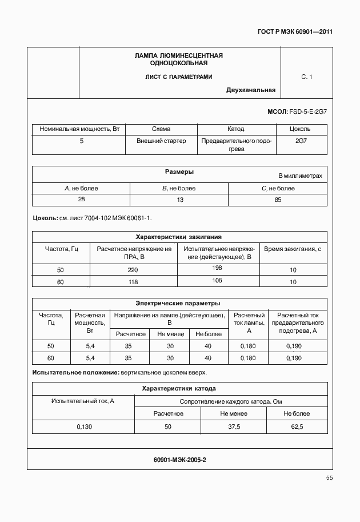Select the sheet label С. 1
[x=306, y=77]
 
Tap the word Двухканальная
[x=251, y=90]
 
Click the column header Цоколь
[x=301, y=129]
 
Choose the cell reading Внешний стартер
[x=161, y=141]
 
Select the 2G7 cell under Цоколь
[x=301, y=141]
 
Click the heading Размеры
[x=179, y=172]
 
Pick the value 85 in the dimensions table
[x=278, y=200]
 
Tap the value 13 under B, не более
[x=179, y=200]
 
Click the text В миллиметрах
[x=300, y=176]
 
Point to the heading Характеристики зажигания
[x=178, y=237]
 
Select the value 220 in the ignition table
[x=133, y=270]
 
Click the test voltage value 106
[x=217, y=280]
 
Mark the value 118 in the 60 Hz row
[x=133, y=282]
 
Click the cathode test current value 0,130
[x=83, y=427]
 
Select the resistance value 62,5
[x=297, y=427]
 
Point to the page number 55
[x=329, y=478]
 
